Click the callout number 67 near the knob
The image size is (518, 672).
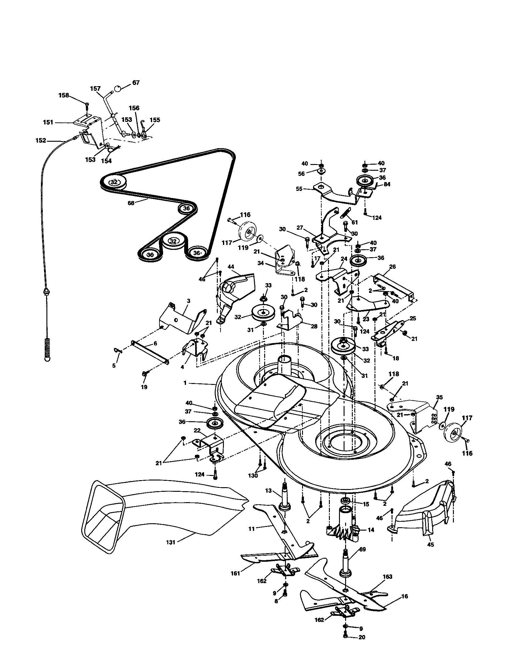click(x=136, y=82)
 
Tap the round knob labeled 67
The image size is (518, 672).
click(x=117, y=89)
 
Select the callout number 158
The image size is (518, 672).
click(x=64, y=95)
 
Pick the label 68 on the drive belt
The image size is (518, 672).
click(x=131, y=203)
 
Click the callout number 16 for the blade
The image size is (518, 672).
click(x=404, y=604)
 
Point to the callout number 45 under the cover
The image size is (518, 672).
click(x=431, y=544)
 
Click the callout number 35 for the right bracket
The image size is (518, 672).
click(x=439, y=397)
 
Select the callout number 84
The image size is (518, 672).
click(x=387, y=184)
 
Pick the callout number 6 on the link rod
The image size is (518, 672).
click(x=155, y=343)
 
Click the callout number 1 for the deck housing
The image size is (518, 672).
click(x=185, y=383)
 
